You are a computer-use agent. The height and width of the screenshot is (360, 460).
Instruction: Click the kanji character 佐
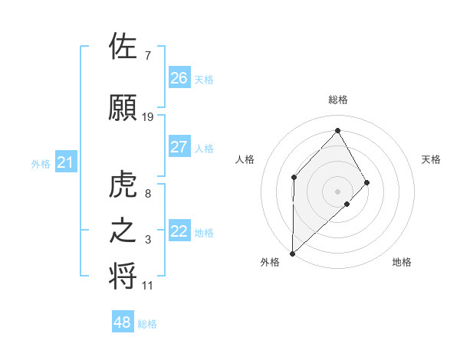click(x=123, y=47)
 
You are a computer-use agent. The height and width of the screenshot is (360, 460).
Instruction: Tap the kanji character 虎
click(x=123, y=186)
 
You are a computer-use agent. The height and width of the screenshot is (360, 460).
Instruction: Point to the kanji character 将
click(x=123, y=276)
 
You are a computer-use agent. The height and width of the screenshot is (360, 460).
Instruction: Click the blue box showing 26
click(x=179, y=77)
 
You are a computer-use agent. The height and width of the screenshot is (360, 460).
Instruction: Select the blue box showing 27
click(x=179, y=147)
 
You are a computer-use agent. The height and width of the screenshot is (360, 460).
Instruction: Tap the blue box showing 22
click(x=179, y=231)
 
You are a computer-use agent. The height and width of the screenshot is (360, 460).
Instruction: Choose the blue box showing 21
click(x=66, y=162)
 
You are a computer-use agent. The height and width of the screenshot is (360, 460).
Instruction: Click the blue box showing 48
click(x=123, y=322)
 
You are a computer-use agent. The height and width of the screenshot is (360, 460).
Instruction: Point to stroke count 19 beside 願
click(x=148, y=116)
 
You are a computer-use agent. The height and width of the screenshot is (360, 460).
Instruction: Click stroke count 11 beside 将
click(x=148, y=286)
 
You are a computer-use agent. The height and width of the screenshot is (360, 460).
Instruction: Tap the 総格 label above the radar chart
click(x=337, y=100)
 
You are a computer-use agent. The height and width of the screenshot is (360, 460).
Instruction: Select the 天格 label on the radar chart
click(x=431, y=159)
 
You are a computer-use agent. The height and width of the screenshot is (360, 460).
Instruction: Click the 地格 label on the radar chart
click(x=402, y=262)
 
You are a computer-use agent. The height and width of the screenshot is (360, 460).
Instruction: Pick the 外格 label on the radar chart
click(x=270, y=262)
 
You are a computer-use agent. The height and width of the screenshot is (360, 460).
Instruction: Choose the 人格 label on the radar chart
click(x=245, y=159)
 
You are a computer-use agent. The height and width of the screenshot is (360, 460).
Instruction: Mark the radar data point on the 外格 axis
click(x=292, y=253)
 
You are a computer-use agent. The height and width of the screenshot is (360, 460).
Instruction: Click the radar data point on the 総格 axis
click(x=337, y=131)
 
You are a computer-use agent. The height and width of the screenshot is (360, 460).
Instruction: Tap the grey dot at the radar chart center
click(x=337, y=191)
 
